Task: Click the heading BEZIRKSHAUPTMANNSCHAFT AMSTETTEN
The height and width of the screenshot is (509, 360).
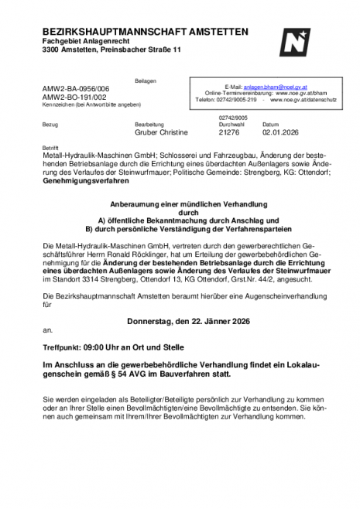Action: click(146, 31)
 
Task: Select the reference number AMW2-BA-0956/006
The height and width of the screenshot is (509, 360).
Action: click(76, 90)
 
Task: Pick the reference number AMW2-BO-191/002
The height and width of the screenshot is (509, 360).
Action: click(75, 97)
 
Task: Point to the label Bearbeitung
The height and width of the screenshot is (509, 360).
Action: click(149, 125)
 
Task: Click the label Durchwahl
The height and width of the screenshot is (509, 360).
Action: click(232, 125)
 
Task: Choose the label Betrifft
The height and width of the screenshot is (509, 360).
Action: click(50, 146)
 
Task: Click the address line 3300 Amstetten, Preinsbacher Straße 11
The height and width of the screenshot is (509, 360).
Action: click(111, 50)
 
